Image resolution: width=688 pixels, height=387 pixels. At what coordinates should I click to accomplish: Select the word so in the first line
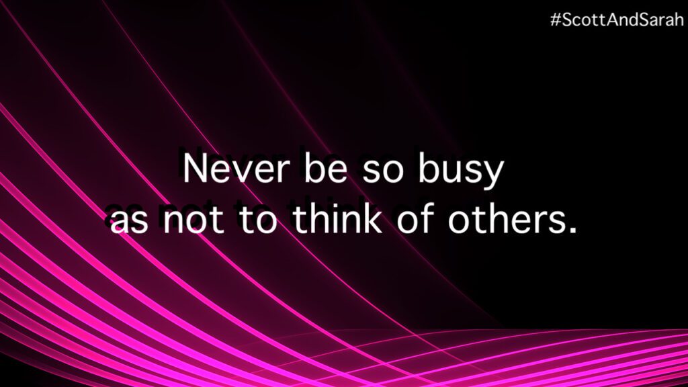[x=382, y=172]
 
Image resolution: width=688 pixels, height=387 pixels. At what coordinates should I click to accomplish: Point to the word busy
[x=461, y=171]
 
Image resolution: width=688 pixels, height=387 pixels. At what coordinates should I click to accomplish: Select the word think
[x=337, y=217]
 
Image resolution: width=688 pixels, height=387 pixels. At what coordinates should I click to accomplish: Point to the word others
[x=505, y=217]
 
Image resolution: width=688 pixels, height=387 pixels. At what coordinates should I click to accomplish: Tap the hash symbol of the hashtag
[x=556, y=19]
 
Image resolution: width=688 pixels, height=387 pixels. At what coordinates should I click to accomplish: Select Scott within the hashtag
[x=582, y=19]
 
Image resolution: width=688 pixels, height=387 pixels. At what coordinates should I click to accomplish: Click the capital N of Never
[x=194, y=169]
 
